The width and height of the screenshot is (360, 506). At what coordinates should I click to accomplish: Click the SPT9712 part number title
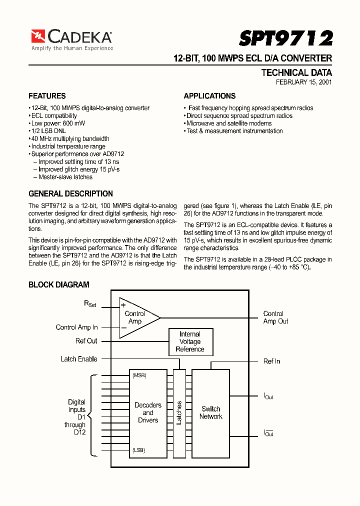point(285,38)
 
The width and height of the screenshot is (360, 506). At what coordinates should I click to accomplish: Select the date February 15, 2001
point(304,82)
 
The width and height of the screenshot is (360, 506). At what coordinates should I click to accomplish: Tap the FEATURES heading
point(47,96)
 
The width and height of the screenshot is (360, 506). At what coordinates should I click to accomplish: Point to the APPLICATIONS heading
point(209,96)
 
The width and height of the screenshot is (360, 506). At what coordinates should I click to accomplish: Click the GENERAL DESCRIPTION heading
point(70,193)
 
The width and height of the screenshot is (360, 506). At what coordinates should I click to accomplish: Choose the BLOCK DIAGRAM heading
point(59,284)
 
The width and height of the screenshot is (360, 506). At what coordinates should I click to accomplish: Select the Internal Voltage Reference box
point(190,341)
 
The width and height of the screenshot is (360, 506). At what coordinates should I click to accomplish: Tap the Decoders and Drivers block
point(148,412)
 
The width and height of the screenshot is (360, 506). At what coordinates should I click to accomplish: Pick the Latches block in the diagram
point(179,412)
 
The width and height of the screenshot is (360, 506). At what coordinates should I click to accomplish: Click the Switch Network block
point(211,412)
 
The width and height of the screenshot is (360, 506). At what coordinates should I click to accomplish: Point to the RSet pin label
point(90,303)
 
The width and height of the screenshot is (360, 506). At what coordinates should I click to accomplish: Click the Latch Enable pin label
point(79,359)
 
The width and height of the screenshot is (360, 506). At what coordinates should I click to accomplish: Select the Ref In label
point(271,361)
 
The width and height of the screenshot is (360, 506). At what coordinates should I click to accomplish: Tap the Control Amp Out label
point(275,317)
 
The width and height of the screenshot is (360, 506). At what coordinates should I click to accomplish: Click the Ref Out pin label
point(86,341)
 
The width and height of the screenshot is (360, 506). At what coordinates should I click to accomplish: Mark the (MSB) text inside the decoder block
point(139,375)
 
